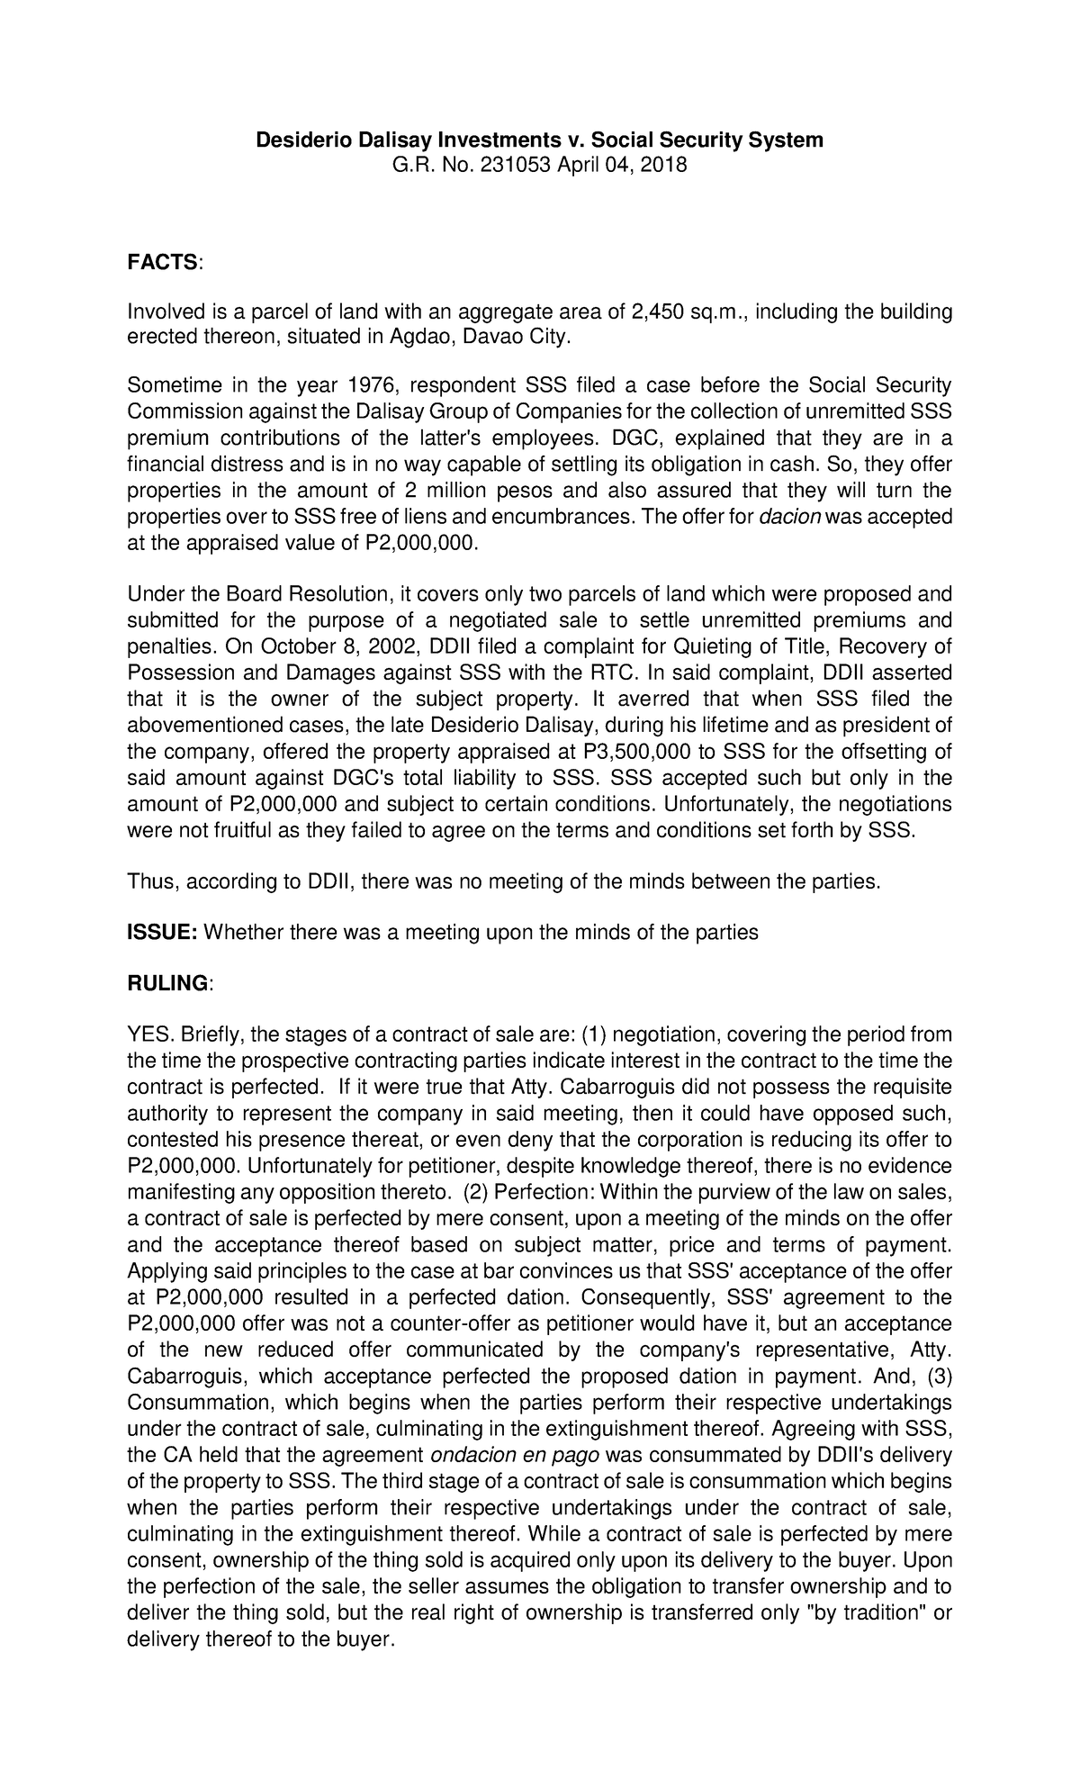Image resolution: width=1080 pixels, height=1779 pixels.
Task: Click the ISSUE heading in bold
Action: point(161,933)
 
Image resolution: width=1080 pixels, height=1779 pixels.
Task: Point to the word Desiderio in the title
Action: point(298,140)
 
